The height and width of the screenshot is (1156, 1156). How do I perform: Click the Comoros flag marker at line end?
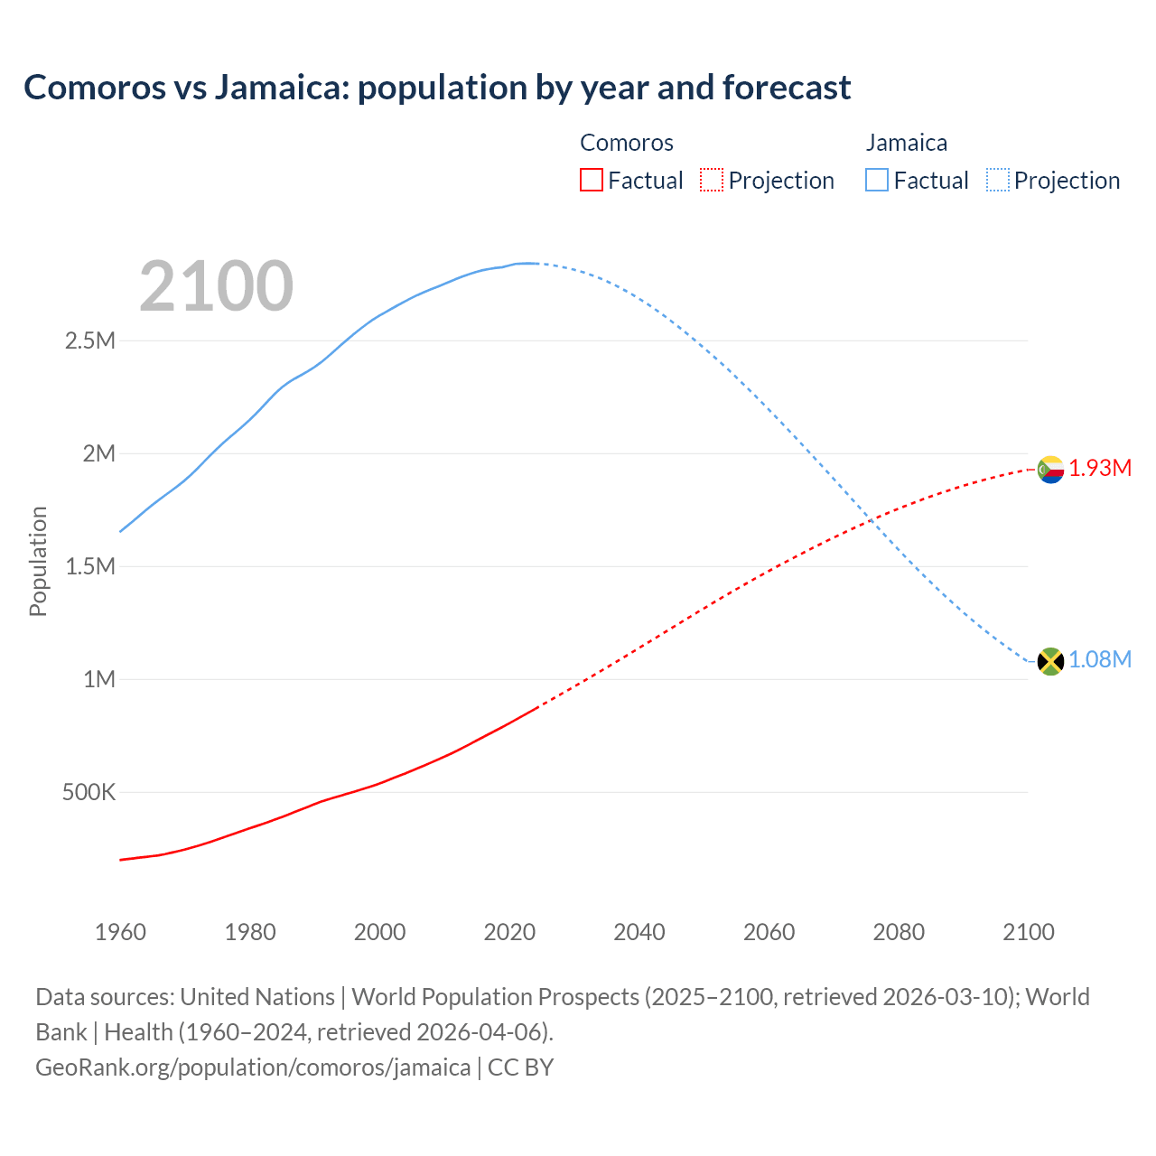tap(1050, 470)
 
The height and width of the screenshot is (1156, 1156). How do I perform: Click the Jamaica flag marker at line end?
tap(1050, 661)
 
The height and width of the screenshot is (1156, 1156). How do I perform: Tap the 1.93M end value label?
tap(1100, 468)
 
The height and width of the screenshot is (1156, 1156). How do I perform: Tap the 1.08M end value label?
tap(1100, 659)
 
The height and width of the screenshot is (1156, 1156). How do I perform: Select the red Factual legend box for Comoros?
tap(591, 181)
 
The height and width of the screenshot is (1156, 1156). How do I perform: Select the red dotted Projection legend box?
tap(712, 181)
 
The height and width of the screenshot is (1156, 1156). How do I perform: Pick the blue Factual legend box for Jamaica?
tap(877, 181)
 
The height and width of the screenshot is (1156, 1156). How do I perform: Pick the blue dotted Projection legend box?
tap(998, 181)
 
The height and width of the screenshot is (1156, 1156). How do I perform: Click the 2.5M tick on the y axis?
tap(90, 340)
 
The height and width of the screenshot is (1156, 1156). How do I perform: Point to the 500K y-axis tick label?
tap(89, 792)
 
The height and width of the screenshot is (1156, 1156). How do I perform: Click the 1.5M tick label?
tap(90, 566)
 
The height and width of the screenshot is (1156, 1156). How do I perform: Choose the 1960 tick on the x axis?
tap(120, 932)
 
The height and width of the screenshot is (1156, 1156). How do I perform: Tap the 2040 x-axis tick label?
tap(639, 932)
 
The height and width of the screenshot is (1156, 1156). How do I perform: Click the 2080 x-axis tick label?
tap(899, 932)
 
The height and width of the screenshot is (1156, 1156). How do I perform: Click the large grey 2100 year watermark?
tap(216, 286)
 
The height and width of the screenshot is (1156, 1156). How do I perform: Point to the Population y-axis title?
tap(38, 561)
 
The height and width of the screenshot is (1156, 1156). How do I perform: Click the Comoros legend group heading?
tap(627, 143)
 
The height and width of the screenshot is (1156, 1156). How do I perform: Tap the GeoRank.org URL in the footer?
tap(253, 1067)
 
